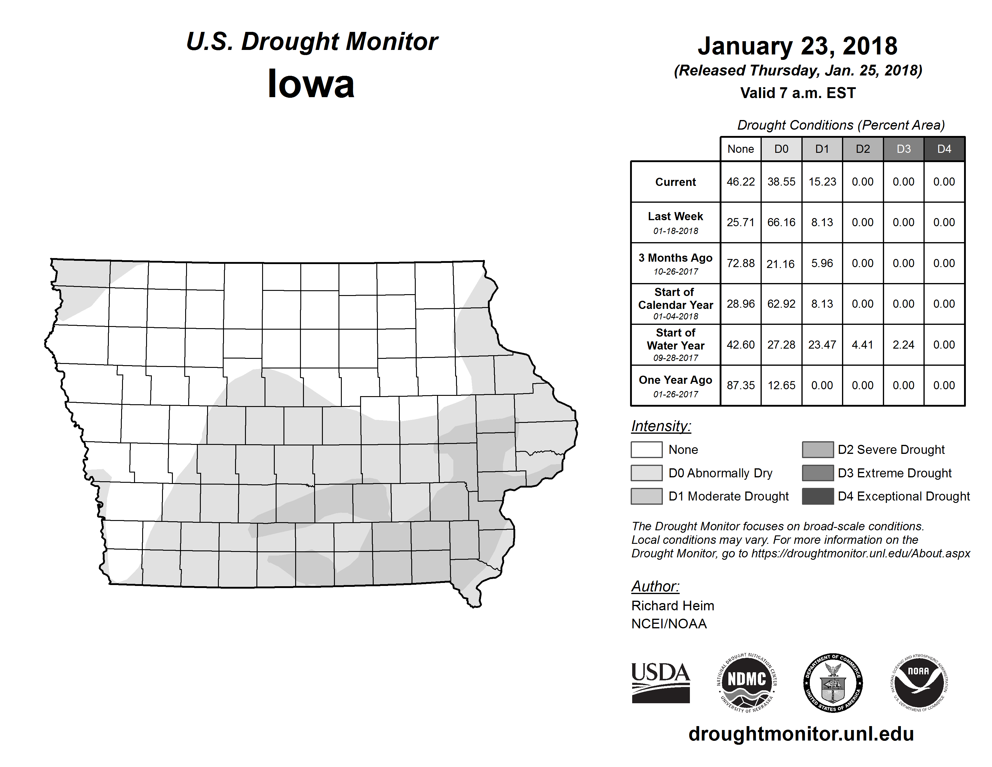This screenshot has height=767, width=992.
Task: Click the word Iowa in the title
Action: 311,84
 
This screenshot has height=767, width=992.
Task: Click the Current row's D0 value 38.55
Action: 781,182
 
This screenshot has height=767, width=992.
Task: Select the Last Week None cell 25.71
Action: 740,222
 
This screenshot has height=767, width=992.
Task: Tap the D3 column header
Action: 903,149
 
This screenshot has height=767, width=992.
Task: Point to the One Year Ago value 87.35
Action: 740,385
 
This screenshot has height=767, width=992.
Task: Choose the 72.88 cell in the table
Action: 740,263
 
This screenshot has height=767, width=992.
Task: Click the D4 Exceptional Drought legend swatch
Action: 818,496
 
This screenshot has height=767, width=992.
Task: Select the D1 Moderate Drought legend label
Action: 729,496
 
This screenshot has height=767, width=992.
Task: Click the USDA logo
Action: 660,682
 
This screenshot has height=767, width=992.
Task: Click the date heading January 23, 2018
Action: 798,46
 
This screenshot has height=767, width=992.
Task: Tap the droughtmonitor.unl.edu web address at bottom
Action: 801,734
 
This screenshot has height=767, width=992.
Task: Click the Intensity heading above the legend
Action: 661,426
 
